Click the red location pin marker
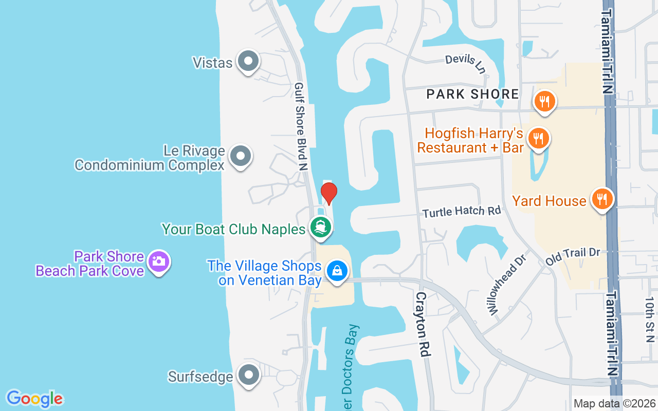click(x=328, y=193)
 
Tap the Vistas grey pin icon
click(x=248, y=61)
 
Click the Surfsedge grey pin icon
click(x=248, y=376)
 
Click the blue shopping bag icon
click(x=337, y=270)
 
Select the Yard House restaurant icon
click(x=600, y=199)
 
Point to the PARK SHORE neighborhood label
click(x=473, y=94)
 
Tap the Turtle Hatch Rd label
click(x=461, y=211)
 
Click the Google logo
click(x=34, y=399)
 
